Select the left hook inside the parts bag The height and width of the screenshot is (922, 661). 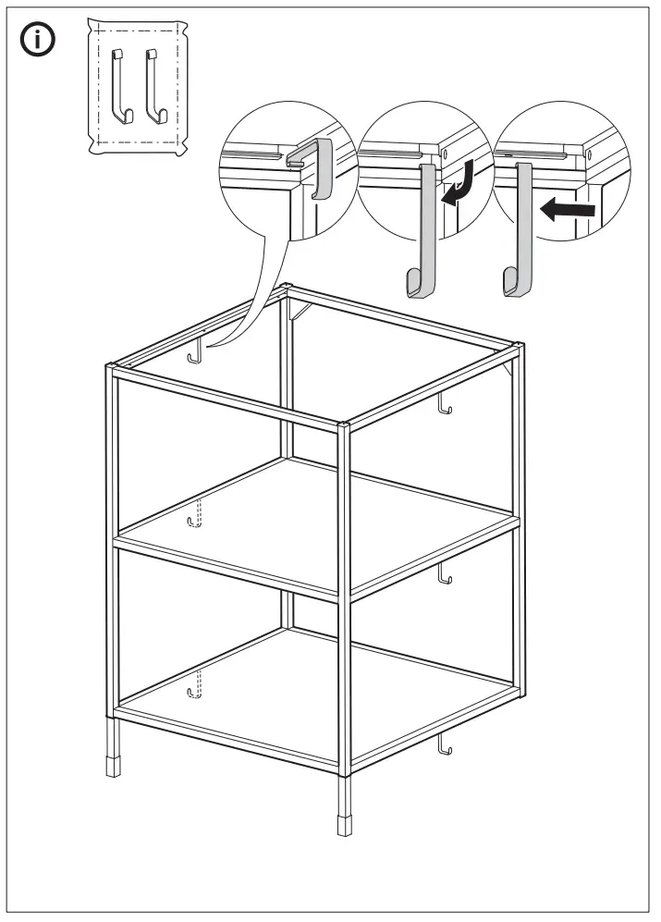point(117,86)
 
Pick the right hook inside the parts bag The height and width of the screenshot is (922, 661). point(153,87)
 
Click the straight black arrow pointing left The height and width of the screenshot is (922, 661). point(567,210)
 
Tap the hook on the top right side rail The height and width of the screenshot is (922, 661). point(445,404)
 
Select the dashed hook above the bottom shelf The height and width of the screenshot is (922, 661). point(195,686)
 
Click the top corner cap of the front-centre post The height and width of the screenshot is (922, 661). point(345,426)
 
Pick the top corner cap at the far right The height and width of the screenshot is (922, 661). point(518,348)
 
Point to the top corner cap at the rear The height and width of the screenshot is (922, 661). point(288,287)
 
